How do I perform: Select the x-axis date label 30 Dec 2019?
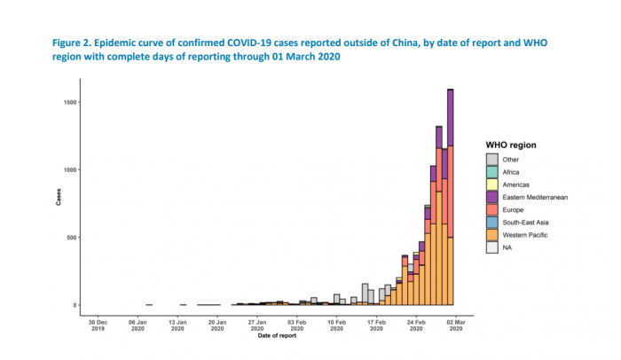click(x=98, y=325)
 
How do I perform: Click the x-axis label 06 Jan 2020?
click(x=138, y=325)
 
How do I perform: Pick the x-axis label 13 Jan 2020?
click(x=177, y=325)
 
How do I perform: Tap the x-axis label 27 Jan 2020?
click(x=257, y=325)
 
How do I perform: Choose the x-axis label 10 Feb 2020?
click(x=336, y=325)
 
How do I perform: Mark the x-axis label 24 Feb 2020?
click(x=416, y=325)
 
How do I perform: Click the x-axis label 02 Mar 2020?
click(x=456, y=325)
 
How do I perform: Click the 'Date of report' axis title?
click(x=276, y=336)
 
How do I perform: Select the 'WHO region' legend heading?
click(x=511, y=144)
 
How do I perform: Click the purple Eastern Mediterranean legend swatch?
click(x=491, y=197)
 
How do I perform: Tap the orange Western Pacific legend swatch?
click(x=491, y=235)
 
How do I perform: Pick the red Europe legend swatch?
click(x=491, y=209)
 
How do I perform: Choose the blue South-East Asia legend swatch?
click(x=491, y=223)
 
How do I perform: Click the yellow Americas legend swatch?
click(x=491, y=184)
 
